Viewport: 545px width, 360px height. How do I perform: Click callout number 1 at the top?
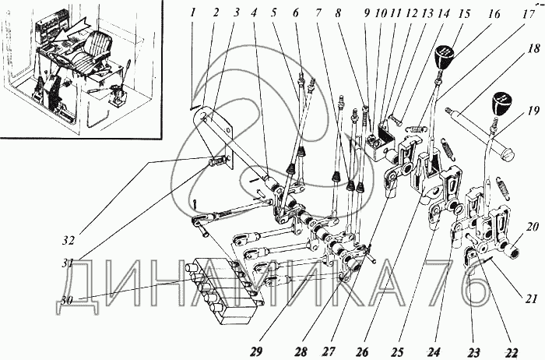point(194,13)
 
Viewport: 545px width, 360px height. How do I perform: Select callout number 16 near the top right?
point(494,14)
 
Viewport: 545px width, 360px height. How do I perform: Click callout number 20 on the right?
point(532,228)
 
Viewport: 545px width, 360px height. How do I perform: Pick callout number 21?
point(531,298)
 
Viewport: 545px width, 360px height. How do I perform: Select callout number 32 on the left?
point(69,240)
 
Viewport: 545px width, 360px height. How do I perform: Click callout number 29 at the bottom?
point(259,351)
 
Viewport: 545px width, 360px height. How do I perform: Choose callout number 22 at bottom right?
point(512,351)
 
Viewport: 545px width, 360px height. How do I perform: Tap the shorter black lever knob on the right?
point(502,104)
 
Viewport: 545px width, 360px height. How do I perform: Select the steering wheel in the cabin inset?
point(62,60)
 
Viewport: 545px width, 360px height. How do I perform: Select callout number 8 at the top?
point(338,13)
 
